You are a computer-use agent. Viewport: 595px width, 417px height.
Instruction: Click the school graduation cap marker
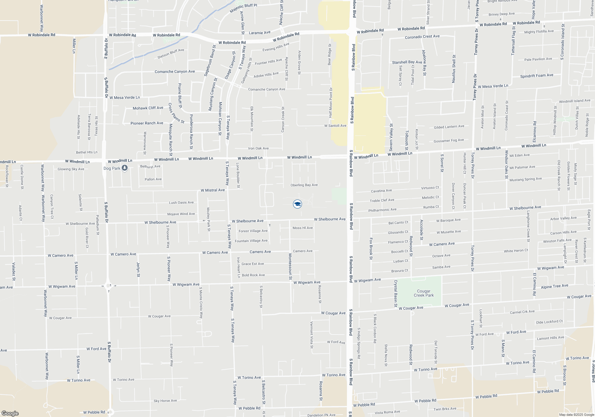tap(297, 204)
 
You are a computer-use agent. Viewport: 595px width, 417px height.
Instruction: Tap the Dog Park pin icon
tap(125, 168)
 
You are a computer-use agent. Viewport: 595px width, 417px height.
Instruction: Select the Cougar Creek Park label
tap(424, 293)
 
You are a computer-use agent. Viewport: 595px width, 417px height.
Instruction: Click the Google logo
tap(10, 413)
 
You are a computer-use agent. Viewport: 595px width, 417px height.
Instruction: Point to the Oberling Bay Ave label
tap(304, 185)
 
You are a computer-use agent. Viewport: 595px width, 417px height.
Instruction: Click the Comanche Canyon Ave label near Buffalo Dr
tap(175, 71)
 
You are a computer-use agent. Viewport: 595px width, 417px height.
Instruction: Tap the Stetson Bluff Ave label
tap(171, 54)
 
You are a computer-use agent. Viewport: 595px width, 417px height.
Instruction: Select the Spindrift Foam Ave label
tap(537, 76)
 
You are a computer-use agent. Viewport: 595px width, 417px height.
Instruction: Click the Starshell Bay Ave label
tap(407, 62)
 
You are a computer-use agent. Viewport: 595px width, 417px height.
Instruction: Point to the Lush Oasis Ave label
tap(181, 203)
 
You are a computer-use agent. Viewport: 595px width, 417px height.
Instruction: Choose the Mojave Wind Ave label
tap(181, 214)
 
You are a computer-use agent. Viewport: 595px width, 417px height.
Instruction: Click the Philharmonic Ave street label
tap(382, 210)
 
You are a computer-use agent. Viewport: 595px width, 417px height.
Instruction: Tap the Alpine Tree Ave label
tap(555, 286)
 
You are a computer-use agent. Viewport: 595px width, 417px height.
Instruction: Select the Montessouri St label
tap(290, 267)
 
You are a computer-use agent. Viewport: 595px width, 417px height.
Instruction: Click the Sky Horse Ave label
tap(165, 401)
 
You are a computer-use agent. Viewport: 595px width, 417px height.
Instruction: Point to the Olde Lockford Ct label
tap(549, 322)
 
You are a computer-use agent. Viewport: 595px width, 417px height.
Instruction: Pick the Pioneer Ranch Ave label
tap(147, 123)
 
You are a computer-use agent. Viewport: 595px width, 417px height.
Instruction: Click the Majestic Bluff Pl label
tap(243, 8)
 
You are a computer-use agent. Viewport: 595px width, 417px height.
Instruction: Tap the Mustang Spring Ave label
tap(526, 179)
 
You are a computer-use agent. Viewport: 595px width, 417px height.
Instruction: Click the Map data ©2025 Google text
tap(577, 415)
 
